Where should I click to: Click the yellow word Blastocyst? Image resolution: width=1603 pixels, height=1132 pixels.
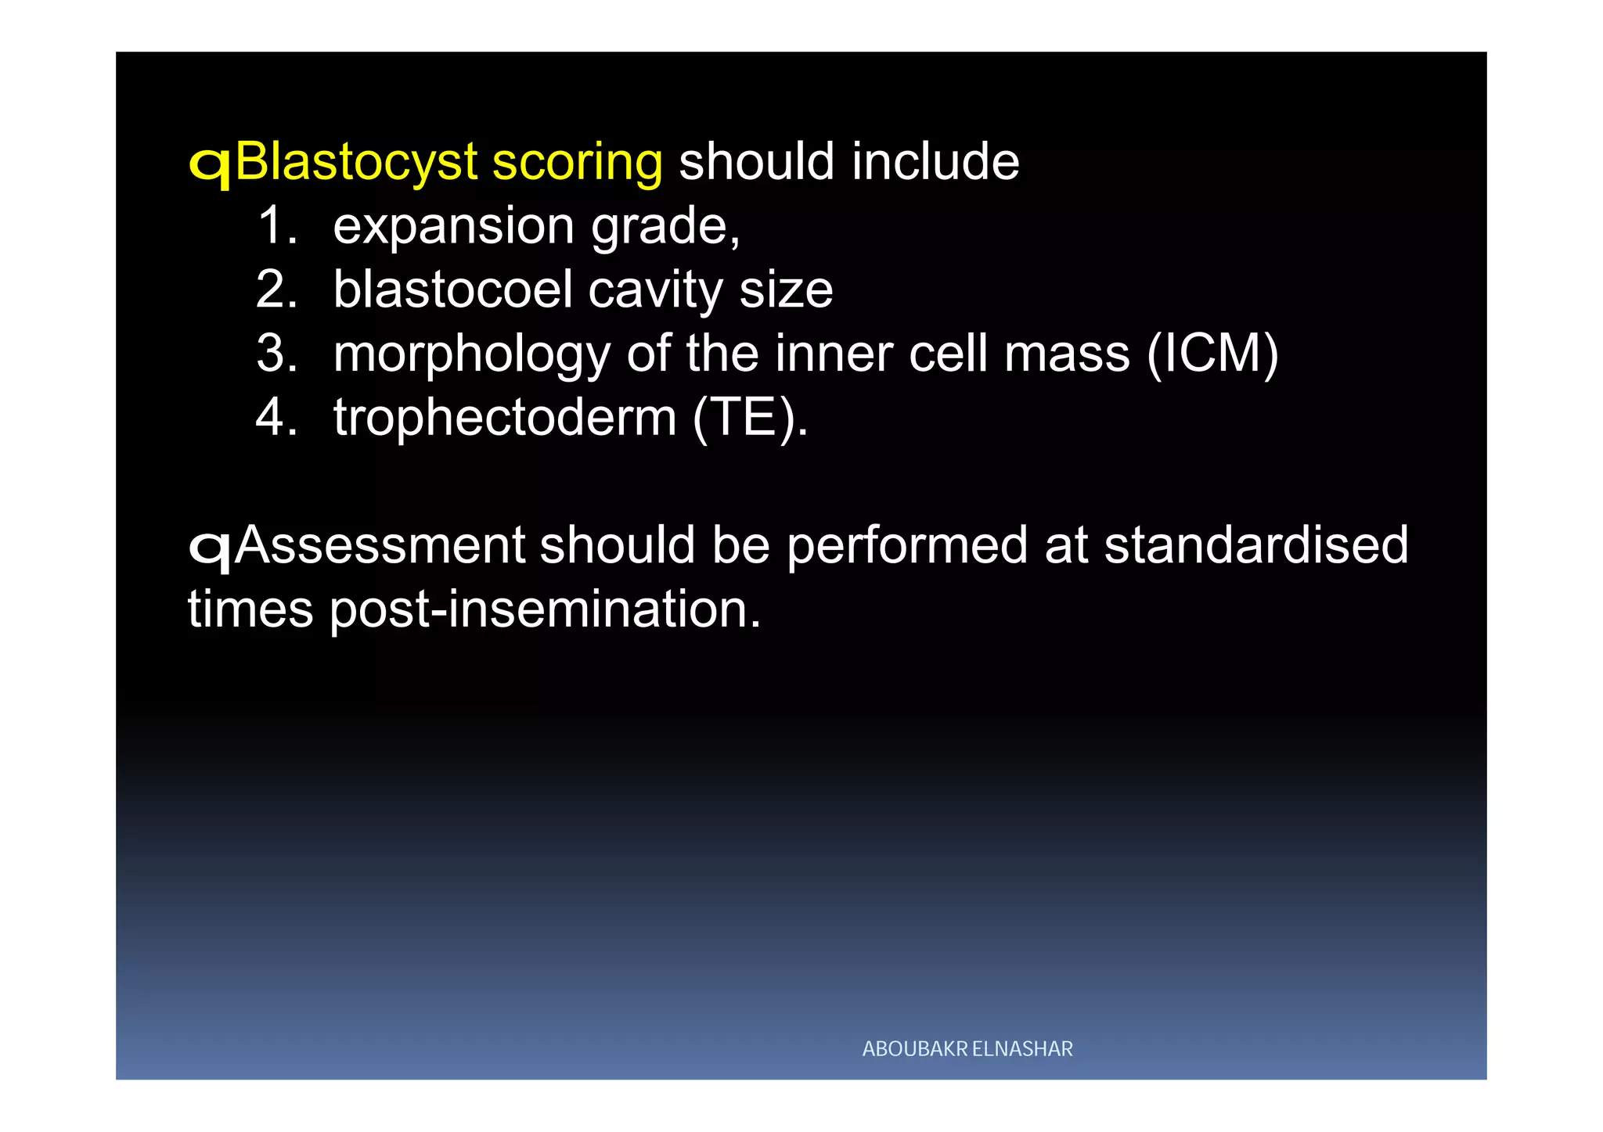point(356,163)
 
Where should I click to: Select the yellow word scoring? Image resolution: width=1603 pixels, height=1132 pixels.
point(577,163)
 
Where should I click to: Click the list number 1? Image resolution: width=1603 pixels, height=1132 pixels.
point(276,225)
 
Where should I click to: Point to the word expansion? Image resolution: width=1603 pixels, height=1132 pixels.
point(454,227)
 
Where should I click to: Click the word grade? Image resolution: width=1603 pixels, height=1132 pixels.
point(665,227)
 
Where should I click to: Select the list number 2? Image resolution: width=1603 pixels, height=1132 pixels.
point(276,289)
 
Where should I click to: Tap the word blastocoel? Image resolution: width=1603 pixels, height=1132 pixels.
point(453,289)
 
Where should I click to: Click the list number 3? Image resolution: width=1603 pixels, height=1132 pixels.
point(276,354)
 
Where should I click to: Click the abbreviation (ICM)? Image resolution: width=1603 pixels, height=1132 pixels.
point(1212,354)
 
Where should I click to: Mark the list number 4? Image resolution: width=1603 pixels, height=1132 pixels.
point(276,417)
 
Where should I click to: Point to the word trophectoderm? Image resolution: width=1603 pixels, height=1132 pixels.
point(505,418)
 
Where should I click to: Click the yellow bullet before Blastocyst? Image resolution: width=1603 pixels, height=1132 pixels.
point(210,166)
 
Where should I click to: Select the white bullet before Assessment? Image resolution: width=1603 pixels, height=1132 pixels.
point(210,549)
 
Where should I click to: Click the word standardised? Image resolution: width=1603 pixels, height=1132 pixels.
point(1255,544)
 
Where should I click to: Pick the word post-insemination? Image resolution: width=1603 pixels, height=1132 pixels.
point(545,609)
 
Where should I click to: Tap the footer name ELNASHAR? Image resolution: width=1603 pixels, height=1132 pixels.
point(1022,1049)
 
